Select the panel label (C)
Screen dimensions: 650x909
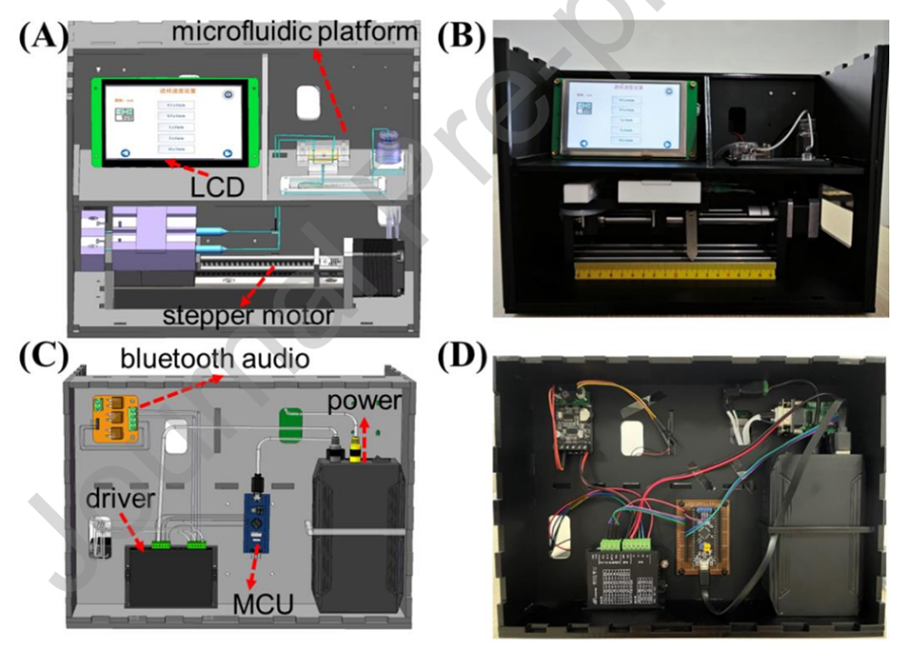[39, 359]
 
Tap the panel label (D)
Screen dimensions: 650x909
[462, 359]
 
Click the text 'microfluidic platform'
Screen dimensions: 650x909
[295, 31]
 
